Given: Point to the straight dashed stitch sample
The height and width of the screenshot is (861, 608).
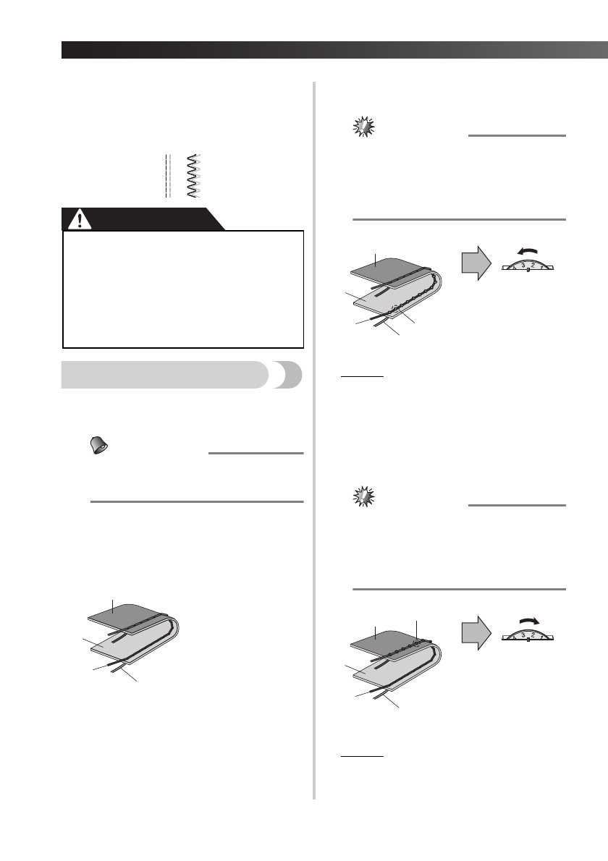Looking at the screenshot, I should pyautogui.click(x=167, y=175).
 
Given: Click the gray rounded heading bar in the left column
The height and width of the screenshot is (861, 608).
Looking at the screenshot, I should pyautogui.click(x=166, y=376).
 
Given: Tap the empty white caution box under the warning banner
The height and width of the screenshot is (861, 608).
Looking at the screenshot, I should pyautogui.click(x=182, y=289).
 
